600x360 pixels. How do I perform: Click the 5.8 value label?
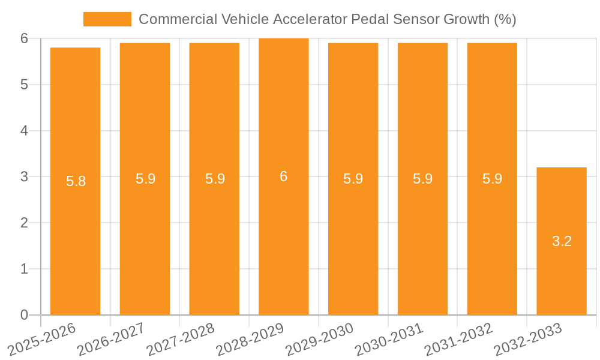[x=76, y=181]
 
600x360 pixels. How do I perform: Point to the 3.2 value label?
[x=562, y=241]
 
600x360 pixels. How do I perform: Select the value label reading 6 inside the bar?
[x=283, y=176]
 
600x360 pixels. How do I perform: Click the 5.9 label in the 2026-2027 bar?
[x=145, y=179]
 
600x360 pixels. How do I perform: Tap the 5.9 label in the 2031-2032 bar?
[x=492, y=179]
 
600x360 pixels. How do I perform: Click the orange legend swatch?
[x=107, y=19]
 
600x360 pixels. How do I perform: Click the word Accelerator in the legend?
[x=310, y=19]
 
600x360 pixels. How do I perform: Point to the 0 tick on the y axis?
[x=24, y=315]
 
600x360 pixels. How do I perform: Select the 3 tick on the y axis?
[x=24, y=177]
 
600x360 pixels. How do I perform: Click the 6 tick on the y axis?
[x=24, y=38]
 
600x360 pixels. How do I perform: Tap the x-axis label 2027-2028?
[x=180, y=339]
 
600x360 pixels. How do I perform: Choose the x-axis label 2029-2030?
[x=319, y=339]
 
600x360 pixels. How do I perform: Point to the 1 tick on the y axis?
[x=24, y=269]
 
